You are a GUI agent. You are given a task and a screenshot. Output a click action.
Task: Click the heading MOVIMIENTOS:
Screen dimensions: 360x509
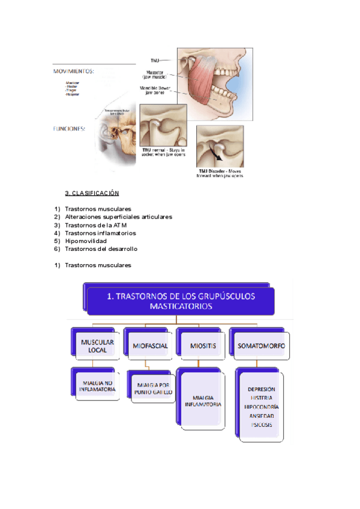pos(73,71)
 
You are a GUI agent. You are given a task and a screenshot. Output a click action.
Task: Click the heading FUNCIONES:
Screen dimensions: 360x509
pos(70,128)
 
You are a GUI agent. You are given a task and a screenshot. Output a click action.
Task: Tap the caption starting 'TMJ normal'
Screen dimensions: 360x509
pos(163,152)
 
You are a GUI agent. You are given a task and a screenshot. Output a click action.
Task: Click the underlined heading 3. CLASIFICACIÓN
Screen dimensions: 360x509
pos(92,193)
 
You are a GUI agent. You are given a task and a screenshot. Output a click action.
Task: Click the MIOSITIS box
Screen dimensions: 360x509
pos(201,346)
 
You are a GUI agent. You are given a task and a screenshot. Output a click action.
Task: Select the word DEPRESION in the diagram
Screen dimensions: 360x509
pos(262,389)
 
